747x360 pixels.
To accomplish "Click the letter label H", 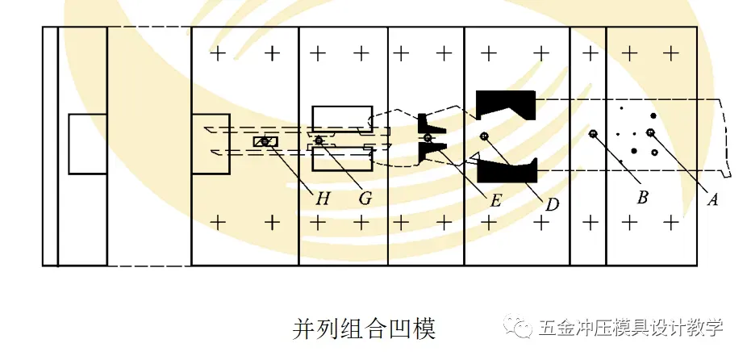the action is tap(315, 196).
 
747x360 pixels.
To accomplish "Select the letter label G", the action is tap(364, 196).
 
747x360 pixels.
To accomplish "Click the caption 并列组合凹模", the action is tap(363, 329).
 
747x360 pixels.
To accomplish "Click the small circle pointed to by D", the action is tap(483, 136).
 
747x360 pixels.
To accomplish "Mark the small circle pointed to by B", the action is tap(593, 133).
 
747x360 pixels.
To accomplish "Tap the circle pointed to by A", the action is tap(650, 132).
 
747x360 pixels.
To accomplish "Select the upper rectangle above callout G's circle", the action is tap(342, 118).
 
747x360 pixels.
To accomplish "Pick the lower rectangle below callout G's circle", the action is tap(342, 159).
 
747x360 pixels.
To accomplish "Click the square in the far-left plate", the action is tap(87, 144).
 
